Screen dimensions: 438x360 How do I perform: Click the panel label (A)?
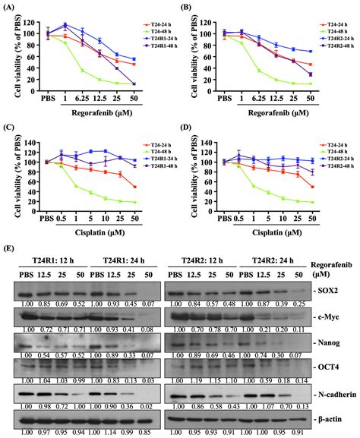10,5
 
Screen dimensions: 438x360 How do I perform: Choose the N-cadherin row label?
332,394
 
